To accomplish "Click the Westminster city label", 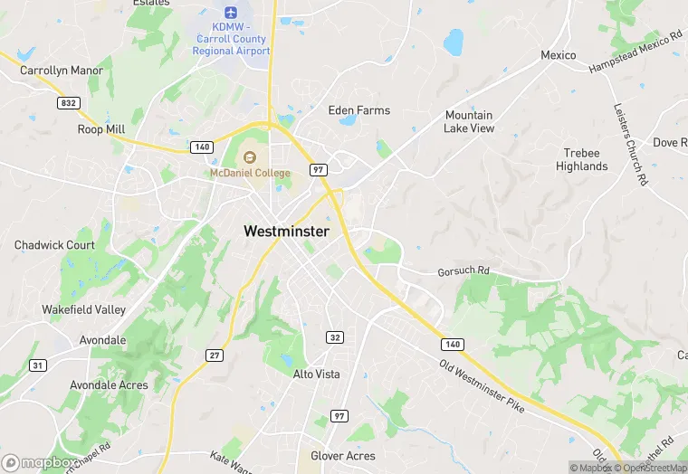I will [286, 232].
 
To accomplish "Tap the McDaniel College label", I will [251, 173].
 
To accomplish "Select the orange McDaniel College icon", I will [250, 158].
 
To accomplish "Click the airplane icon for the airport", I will [231, 14].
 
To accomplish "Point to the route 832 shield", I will [68, 104].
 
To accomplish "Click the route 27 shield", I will [214, 355].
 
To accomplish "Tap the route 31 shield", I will [37, 365].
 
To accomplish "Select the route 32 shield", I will [335, 337].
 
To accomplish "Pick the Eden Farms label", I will [359, 110].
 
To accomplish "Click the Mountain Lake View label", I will [469, 122].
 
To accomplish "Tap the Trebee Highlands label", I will [581, 160].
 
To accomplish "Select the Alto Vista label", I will [316, 374].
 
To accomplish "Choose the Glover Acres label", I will [342, 456].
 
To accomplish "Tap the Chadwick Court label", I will [54, 245].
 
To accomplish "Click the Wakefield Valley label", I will [83, 309].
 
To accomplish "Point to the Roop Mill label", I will [100, 129].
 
